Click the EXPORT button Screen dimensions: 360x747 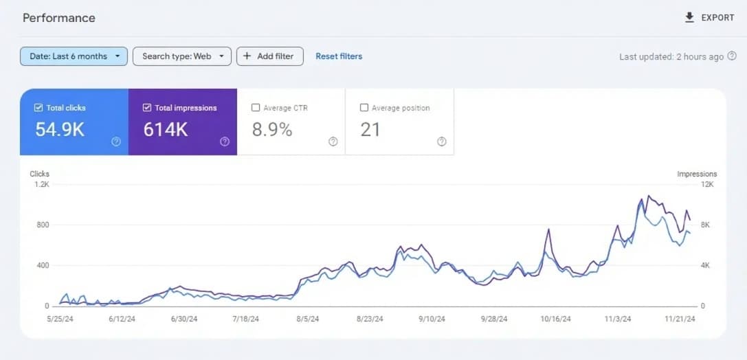[x=710, y=18]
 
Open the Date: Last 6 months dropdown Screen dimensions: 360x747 [x=74, y=56]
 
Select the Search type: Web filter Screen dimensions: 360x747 [x=182, y=56]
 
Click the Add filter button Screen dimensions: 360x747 [x=269, y=56]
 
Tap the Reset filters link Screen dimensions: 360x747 [x=339, y=56]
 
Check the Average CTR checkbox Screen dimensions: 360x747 [x=256, y=108]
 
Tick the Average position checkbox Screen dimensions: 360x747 [x=364, y=108]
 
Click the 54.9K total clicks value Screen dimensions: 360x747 [x=60, y=129]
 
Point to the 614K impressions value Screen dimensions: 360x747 [x=166, y=129]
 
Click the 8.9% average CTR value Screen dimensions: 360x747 [x=272, y=129]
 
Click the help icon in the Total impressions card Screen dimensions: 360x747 [x=225, y=142]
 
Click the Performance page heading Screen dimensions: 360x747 [x=59, y=18]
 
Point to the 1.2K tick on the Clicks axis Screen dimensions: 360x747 [x=42, y=185]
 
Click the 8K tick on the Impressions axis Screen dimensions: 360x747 [x=706, y=225]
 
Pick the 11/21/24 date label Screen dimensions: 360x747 [x=680, y=319]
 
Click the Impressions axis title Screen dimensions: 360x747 [x=697, y=175]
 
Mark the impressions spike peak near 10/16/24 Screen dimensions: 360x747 [x=548, y=229]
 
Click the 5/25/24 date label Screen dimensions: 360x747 [x=60, y=319]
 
